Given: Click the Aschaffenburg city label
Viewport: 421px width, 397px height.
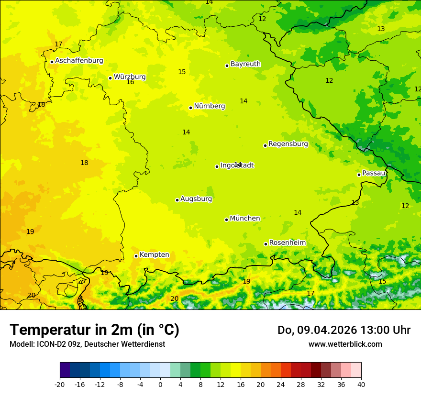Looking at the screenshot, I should (x=79, y=61).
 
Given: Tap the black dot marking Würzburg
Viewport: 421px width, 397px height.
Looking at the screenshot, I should (x=110, y=78).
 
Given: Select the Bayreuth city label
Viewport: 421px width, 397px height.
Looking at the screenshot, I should (x=245, y=64).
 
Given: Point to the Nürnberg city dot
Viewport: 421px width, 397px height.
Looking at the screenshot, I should (x=190, y=108).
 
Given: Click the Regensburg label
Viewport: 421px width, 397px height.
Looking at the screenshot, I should (x=288, y=144).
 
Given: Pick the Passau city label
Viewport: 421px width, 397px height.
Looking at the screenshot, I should (x=374, y=173).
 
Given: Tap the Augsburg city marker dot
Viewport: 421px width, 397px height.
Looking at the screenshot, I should (x=177, y=200).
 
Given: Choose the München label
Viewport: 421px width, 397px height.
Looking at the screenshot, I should (x=244, y=219).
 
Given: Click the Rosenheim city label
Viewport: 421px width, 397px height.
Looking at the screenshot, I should (x=287, y=243).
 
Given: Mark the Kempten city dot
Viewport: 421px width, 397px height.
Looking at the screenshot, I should (x=136, y=256).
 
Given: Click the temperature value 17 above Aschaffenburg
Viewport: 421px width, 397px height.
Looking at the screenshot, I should (x=58, y=44).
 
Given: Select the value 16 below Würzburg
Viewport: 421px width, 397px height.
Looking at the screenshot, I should (x=130, y=82).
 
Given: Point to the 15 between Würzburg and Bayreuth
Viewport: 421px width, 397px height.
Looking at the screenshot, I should (x=182, y=72).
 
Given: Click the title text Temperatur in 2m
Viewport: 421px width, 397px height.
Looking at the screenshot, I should (x=94, y=330).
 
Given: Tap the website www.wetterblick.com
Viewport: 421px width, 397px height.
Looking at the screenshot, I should (x=345, y=344).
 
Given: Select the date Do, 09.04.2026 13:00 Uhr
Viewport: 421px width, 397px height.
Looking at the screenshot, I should (x=343, y=330).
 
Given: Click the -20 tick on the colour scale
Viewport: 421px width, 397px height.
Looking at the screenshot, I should (x=60, y=384).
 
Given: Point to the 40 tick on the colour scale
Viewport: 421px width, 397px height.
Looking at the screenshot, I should (x=361, y=384).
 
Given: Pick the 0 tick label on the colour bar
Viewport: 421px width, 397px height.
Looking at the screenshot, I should (x=160, y=384).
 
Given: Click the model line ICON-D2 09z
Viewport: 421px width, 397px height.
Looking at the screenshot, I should (x=87, y=344).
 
